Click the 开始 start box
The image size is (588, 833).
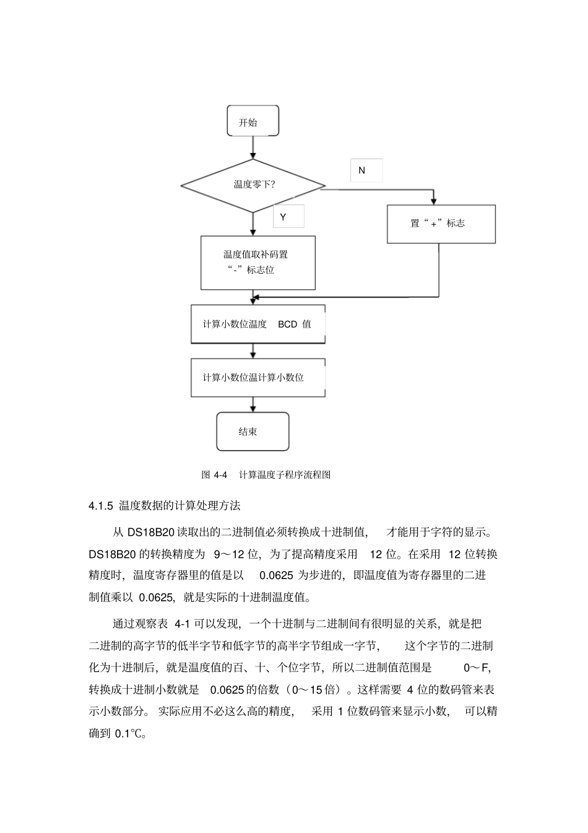[253, 122]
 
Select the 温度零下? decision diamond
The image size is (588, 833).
[253, 185]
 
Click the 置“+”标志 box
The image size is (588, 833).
[441, 224]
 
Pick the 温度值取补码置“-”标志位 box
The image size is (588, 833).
[257, 262]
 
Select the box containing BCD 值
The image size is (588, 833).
[257, 324]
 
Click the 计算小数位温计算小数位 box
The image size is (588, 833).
[257, 377]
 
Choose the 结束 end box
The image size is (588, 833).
[253, 432]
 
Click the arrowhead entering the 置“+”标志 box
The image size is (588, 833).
[433, 201]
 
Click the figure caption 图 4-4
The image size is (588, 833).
[215, 475]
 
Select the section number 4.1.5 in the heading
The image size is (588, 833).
[101, 506]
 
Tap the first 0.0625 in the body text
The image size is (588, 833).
[276, 575]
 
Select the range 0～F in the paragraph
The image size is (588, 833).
[477, 668]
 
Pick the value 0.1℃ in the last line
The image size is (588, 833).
[129, 734]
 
